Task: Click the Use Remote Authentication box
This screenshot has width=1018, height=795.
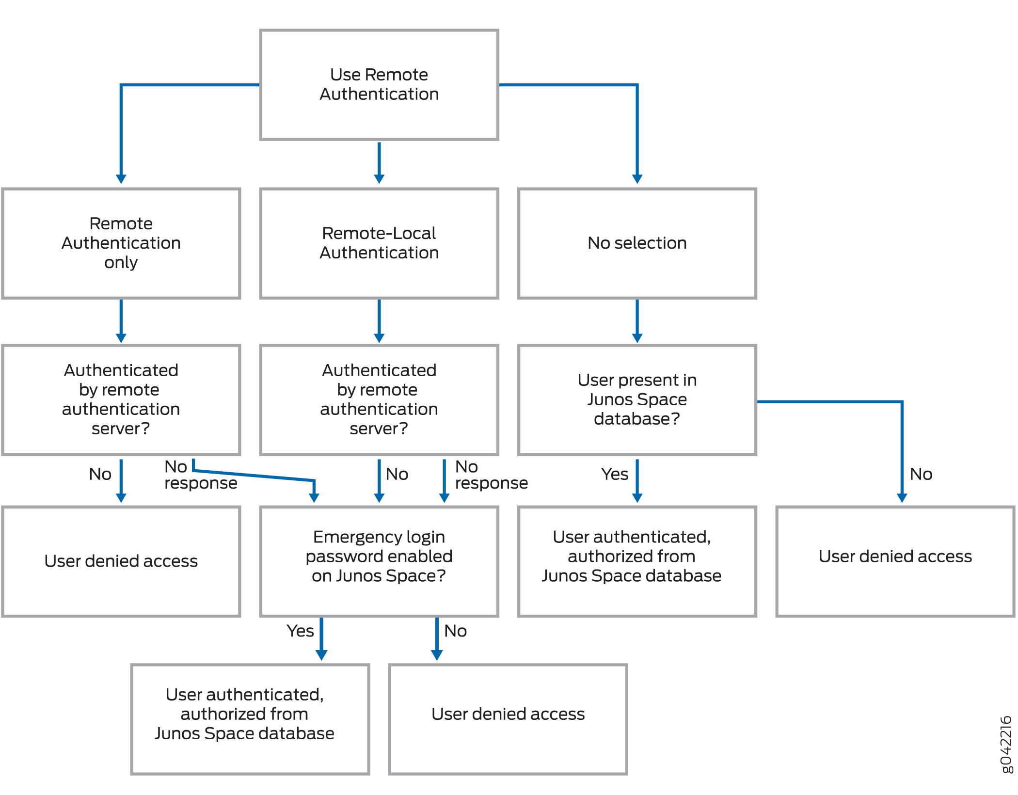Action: [379, 85]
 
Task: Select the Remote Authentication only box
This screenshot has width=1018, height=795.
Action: [121, 243]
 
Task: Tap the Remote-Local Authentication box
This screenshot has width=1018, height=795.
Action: [379, 243]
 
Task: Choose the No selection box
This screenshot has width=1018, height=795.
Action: [637, 243]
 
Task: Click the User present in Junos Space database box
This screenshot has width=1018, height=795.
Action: [637, 399]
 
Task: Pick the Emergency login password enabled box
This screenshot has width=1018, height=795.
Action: [379, 561]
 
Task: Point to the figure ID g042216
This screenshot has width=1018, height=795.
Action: [1006, 744]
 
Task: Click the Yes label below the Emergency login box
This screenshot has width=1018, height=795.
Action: [300, 631]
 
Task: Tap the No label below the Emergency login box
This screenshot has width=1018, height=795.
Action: [455, 631]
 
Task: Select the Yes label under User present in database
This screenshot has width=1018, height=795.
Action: [614, 474]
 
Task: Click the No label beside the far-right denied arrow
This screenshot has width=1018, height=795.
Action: [921, 474]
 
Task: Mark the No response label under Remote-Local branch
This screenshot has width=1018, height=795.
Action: [491, 475]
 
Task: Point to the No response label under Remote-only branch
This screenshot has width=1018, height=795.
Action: [200, 475]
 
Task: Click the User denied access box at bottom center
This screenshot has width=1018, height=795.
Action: [508, 719]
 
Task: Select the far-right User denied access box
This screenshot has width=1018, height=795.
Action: [895, 561]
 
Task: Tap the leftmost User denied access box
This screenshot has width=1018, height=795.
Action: [121, 561]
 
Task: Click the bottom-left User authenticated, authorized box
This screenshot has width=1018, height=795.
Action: [250, 719]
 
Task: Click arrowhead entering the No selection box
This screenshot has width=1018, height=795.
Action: [637, 179]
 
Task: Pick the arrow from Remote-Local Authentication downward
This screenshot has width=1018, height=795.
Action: [379, 320]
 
